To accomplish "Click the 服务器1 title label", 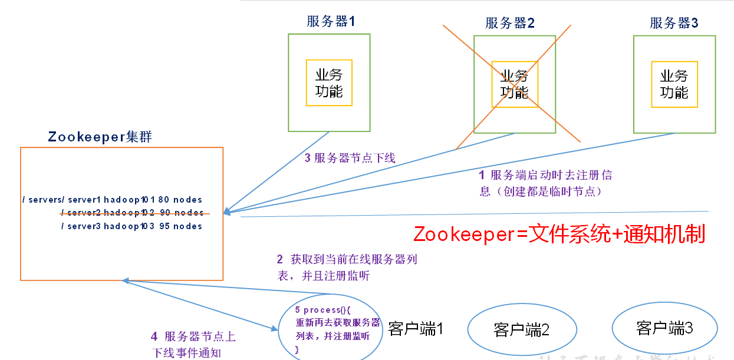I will (331, 22).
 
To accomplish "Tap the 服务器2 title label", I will (510, 23).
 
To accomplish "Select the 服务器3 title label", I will (674, 23).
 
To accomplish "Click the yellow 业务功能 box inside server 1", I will (329, 83).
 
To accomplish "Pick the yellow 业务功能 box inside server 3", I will (674, 84).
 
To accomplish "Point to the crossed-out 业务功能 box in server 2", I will (514, 84).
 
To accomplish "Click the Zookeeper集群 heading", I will (100, 137).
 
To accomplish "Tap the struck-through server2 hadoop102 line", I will (132, 213).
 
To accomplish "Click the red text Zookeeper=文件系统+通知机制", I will (559, 234).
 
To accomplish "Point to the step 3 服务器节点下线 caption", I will (350, 158).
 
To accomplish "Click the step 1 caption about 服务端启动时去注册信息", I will (545, 183).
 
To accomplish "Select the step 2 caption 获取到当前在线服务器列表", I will (347, 267).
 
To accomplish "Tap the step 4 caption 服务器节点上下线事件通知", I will (193, 345).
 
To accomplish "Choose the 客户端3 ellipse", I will (664, 328).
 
